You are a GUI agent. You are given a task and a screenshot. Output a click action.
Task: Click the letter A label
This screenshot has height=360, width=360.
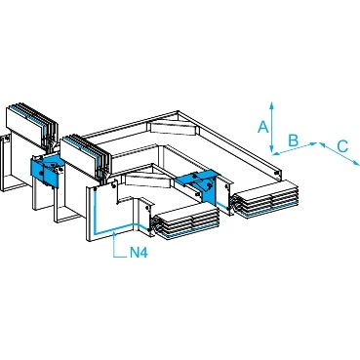(x=263, y=127)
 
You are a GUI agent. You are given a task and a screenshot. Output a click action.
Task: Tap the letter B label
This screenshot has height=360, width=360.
(x=294, y=140)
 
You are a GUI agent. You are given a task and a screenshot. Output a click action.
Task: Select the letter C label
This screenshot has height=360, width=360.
(x=342, y=146)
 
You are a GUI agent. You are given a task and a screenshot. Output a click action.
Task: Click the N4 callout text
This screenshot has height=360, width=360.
(x=139, y=253)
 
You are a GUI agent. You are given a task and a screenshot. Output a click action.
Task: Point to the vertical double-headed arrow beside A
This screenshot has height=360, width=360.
(x=272, y=127)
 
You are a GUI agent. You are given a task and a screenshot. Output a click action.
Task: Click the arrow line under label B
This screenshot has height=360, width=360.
(x=295, y=148)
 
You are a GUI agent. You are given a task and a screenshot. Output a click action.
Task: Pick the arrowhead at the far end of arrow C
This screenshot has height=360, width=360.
(x=356, y=163)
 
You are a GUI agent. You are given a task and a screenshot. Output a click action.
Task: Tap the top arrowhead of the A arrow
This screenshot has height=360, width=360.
(x=272, y=104)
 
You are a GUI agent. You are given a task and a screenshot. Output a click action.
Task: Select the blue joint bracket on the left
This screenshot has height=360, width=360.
(x=46, y=169)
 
